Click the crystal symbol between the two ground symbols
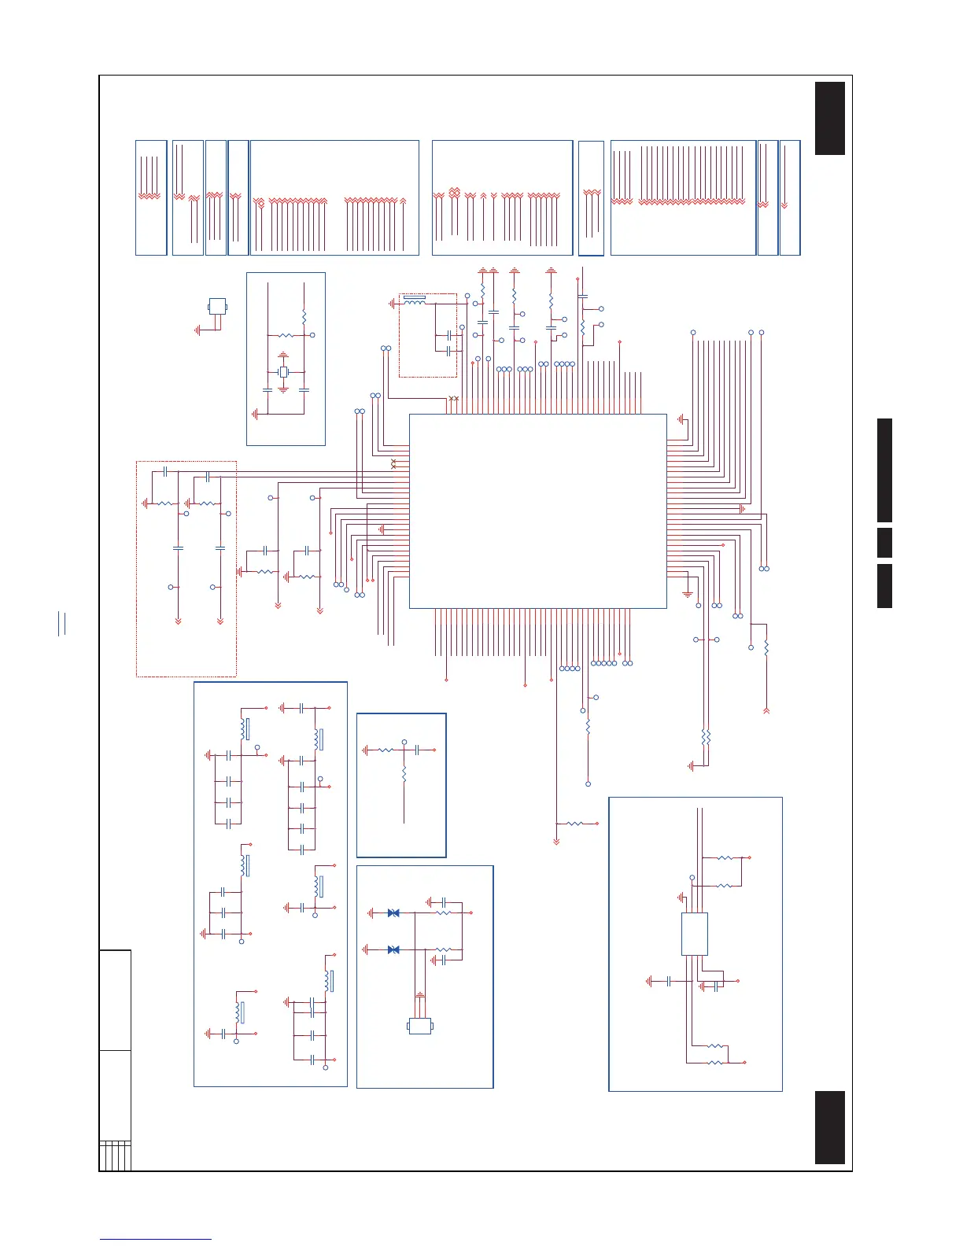click(284, 371)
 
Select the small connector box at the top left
click(216, 306)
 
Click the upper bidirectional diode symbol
click(393, 913)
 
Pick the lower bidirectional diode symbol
click(393, 949)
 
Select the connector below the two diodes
click(420, 1026)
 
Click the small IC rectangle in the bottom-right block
click(694, 934)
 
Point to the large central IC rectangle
click(537, 511)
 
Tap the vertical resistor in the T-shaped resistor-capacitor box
click(404, 775)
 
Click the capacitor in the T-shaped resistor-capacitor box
click(418, 750)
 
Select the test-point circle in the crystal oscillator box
click(313, 336)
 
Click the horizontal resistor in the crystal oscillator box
click(286, 336)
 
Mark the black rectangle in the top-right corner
click(830, 118)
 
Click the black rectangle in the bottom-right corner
click(830, 1127)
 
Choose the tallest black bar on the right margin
click(885, 470)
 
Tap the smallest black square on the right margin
click(885, 543)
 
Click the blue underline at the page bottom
click(156, 1240)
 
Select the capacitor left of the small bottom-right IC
click(668, 982)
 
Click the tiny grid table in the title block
click(115, 1156)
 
